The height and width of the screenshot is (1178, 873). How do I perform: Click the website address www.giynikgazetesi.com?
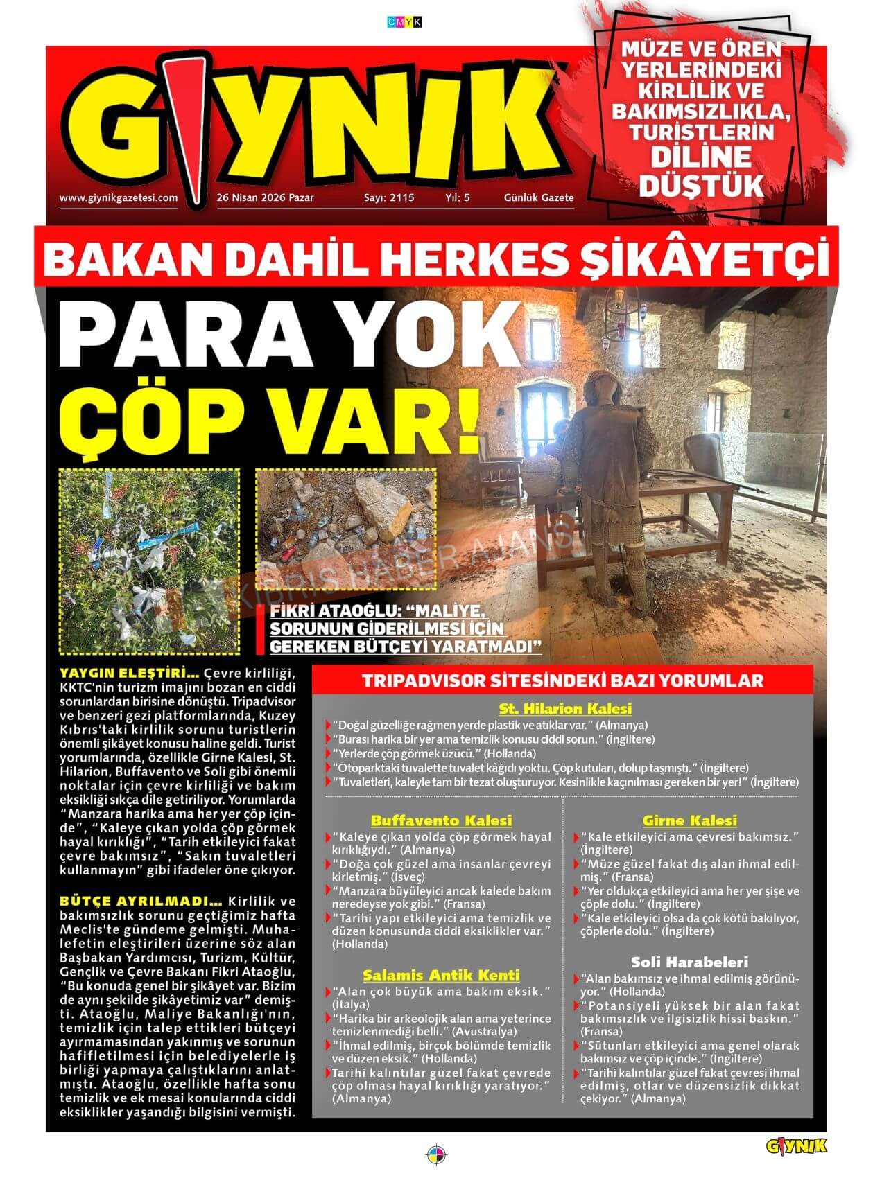pos(119,197)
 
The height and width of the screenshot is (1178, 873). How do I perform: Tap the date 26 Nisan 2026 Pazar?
pos(265,197)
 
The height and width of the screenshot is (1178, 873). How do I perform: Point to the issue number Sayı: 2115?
pos(389,197)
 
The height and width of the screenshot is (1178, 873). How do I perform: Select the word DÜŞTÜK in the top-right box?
pos(701,186)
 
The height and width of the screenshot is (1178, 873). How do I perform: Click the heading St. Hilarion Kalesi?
pos(565,709)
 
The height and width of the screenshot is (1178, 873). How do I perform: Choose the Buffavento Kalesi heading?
pos(441,820)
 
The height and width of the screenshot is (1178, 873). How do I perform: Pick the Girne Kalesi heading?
pos(689,820)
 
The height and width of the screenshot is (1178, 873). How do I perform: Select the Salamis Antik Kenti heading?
pos(441,975)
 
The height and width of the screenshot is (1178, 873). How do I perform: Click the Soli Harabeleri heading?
pos(689,962)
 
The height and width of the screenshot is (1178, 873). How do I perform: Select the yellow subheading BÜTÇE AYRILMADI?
pos(141,902)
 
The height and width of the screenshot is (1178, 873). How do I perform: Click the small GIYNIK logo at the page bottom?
pos(797,1145)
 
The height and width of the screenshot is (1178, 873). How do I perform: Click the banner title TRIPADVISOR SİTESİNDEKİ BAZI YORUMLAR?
pos(562,680)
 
